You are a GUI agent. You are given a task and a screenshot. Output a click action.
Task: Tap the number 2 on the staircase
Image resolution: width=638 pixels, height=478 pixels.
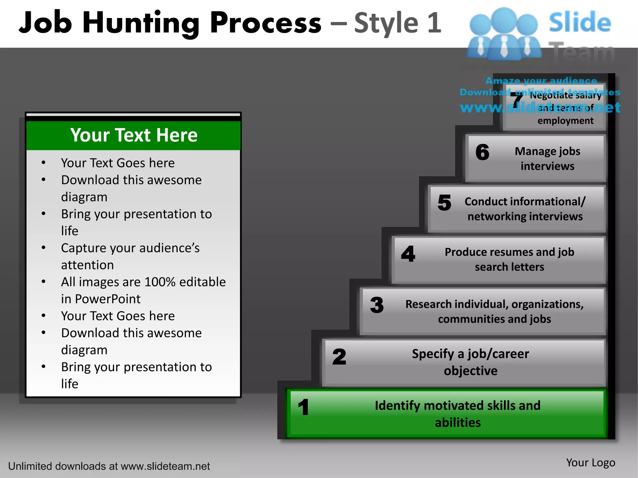pyautogui.click(x=339, y=357)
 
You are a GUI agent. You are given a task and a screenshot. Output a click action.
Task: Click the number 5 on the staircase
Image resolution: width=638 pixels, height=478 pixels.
pyautogui.click(x=444, y=203)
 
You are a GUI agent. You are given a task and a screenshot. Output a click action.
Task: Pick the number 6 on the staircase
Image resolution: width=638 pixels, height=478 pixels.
pyautogui.click(x=482, y=152)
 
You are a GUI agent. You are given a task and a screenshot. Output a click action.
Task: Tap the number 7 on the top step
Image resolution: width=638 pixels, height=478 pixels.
pyautogui.click(x=516, y=100)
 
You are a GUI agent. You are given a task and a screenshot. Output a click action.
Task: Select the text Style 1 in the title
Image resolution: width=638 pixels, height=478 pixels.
pyautogui.click(x=398, y=23)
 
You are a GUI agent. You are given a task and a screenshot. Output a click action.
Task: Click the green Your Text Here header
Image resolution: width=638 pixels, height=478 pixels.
pyautogui.click(x=134, y=135)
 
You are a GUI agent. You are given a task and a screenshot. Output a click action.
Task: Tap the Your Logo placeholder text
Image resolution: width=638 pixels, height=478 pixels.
pyautogui.click(x=590, y=463)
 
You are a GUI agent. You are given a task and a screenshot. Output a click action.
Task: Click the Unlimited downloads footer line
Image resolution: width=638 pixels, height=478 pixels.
pyautogui.click(x=109, y=466)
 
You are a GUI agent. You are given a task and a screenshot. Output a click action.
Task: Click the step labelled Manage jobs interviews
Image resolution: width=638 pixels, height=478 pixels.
pyautogui.click(x=547, y=158)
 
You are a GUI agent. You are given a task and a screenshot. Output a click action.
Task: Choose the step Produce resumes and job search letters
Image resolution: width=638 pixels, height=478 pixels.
pyautogui.click(x=509, y=259)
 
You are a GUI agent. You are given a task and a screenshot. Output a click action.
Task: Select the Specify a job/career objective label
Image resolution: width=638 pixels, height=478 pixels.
pyautogui.click(x=470, y=362)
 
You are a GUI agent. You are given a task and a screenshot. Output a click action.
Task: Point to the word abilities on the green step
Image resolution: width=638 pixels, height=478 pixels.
pyautogui.click(x=458, y=423)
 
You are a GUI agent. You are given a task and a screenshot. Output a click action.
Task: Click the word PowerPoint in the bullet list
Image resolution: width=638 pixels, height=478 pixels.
pyautogui.click(x=108, y=299)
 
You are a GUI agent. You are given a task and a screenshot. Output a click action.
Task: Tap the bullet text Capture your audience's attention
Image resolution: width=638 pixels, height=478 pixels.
pyautogui.click(x=130, y=256)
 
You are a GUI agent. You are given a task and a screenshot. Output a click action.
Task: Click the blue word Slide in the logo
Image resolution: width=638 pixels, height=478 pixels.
pyautogui.click(x=580, y=22)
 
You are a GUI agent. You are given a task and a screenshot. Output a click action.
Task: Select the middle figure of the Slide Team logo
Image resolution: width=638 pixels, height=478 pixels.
pyautogui.click(x=504, y=34)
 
